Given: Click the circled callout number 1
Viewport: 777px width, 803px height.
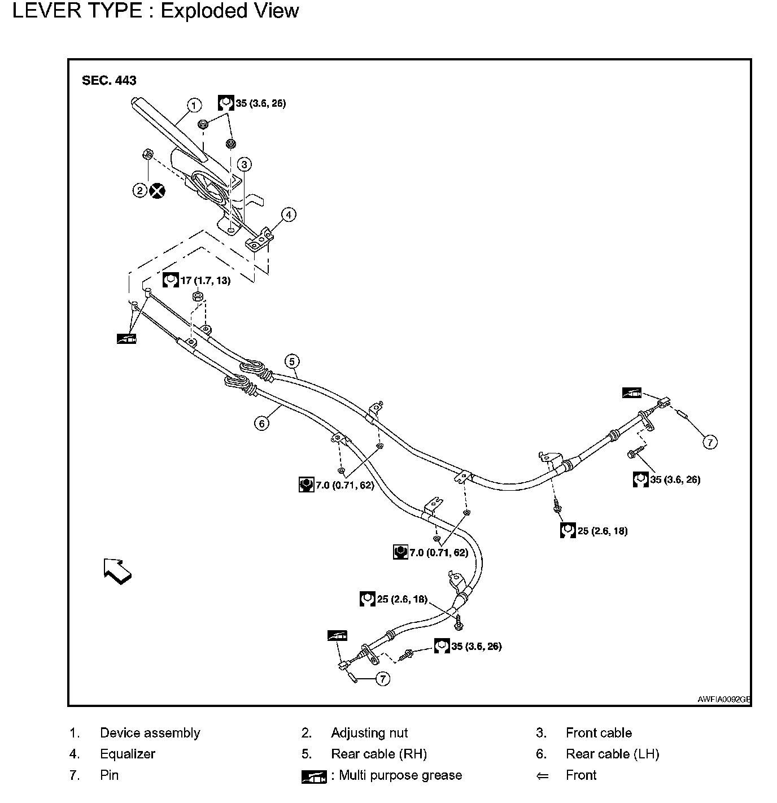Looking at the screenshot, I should coord(194,105).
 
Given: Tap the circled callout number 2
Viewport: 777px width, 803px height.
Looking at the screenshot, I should coord(140,190).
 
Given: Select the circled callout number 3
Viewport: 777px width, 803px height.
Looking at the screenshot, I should coord(243,164).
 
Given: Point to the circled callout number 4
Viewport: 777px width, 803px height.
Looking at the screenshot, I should coord(288,215).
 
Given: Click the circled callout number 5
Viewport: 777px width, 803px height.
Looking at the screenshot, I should coord(291,361).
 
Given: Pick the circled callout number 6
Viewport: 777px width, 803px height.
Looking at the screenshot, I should coord(261,422).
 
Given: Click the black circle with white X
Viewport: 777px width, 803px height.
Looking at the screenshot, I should coord(157,190).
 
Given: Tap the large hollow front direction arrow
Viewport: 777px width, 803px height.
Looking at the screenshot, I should coord(117,570).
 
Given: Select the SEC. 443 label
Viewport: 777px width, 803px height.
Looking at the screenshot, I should coord(109,80).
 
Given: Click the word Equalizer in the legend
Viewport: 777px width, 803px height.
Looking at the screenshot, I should coord(127,754).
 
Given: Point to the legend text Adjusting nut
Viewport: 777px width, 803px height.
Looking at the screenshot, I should coord(369,733).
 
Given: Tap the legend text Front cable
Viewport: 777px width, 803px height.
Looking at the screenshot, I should coord(599,733).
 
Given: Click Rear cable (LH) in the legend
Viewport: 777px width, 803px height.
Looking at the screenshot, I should coord(612,754).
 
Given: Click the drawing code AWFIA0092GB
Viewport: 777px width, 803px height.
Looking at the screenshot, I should coord(723,699).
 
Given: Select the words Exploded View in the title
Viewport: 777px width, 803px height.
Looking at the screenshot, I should coord(230,11).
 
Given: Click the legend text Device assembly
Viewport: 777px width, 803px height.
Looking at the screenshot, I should coord(150,733).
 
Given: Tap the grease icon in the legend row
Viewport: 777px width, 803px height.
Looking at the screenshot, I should coord(314,777).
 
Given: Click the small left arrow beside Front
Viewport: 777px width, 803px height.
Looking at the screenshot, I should coord(542,776).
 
